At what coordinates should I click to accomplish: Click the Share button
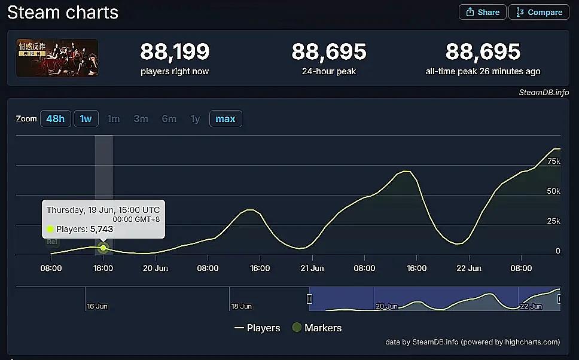(483, 12)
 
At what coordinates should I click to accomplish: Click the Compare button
(538, 12)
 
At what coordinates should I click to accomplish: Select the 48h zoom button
(55, 118)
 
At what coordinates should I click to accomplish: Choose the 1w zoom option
(86, 118)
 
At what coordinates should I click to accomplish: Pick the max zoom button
(225, 118)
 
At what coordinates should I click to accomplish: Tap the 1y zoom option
(195, 118)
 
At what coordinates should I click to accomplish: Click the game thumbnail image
(57, 58)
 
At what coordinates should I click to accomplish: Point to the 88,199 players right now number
(175, 52)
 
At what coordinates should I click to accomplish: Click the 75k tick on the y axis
(554, 161)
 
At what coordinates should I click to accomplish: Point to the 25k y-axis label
(554, 221)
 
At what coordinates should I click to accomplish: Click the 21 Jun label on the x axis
(312, 268)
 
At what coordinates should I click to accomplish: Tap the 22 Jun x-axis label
(468, 268)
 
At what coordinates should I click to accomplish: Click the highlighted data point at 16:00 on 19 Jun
(103, 248)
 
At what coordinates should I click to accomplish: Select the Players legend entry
(257, 328)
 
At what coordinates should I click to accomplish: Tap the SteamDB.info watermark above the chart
(544, 92)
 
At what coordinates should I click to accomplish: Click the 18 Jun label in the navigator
(242, 306)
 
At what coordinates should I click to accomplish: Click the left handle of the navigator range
(310, 298)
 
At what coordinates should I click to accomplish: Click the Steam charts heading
(63, 13)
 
